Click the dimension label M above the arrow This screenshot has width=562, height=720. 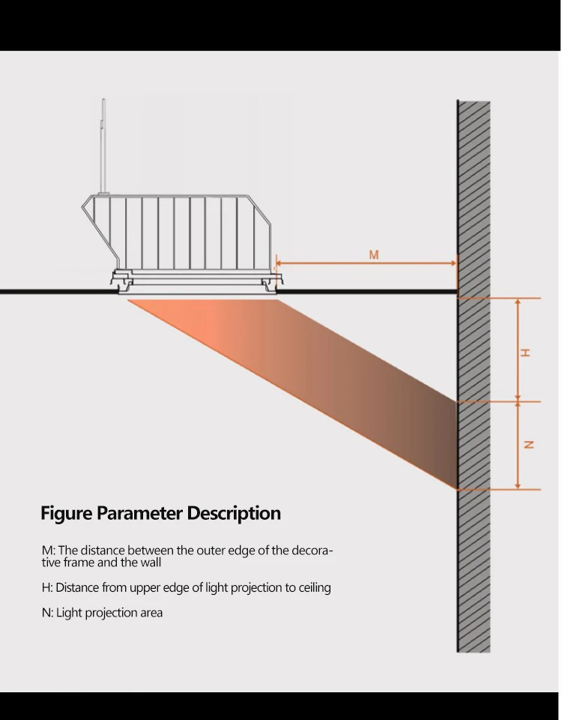pos(374,255)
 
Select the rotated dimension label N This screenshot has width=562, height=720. pos(528,445)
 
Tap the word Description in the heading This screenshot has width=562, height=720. pos(234,514)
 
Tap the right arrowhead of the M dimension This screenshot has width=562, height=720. pos(453,263)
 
